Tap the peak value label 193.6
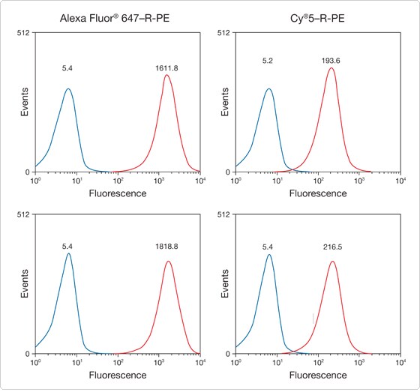[330, 60]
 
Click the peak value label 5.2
[268, 60]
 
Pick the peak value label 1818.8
[166, 244]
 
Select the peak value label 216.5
[330, 244]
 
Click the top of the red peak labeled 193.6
[331, 68]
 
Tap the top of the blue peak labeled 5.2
[269, 88]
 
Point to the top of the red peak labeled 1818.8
[167, 261]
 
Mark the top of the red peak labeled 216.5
[332, 261]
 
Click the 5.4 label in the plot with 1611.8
[68, 68]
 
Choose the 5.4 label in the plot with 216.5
[268, 244]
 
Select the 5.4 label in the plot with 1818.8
[68, 244]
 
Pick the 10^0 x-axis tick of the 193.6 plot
[235, 181]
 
